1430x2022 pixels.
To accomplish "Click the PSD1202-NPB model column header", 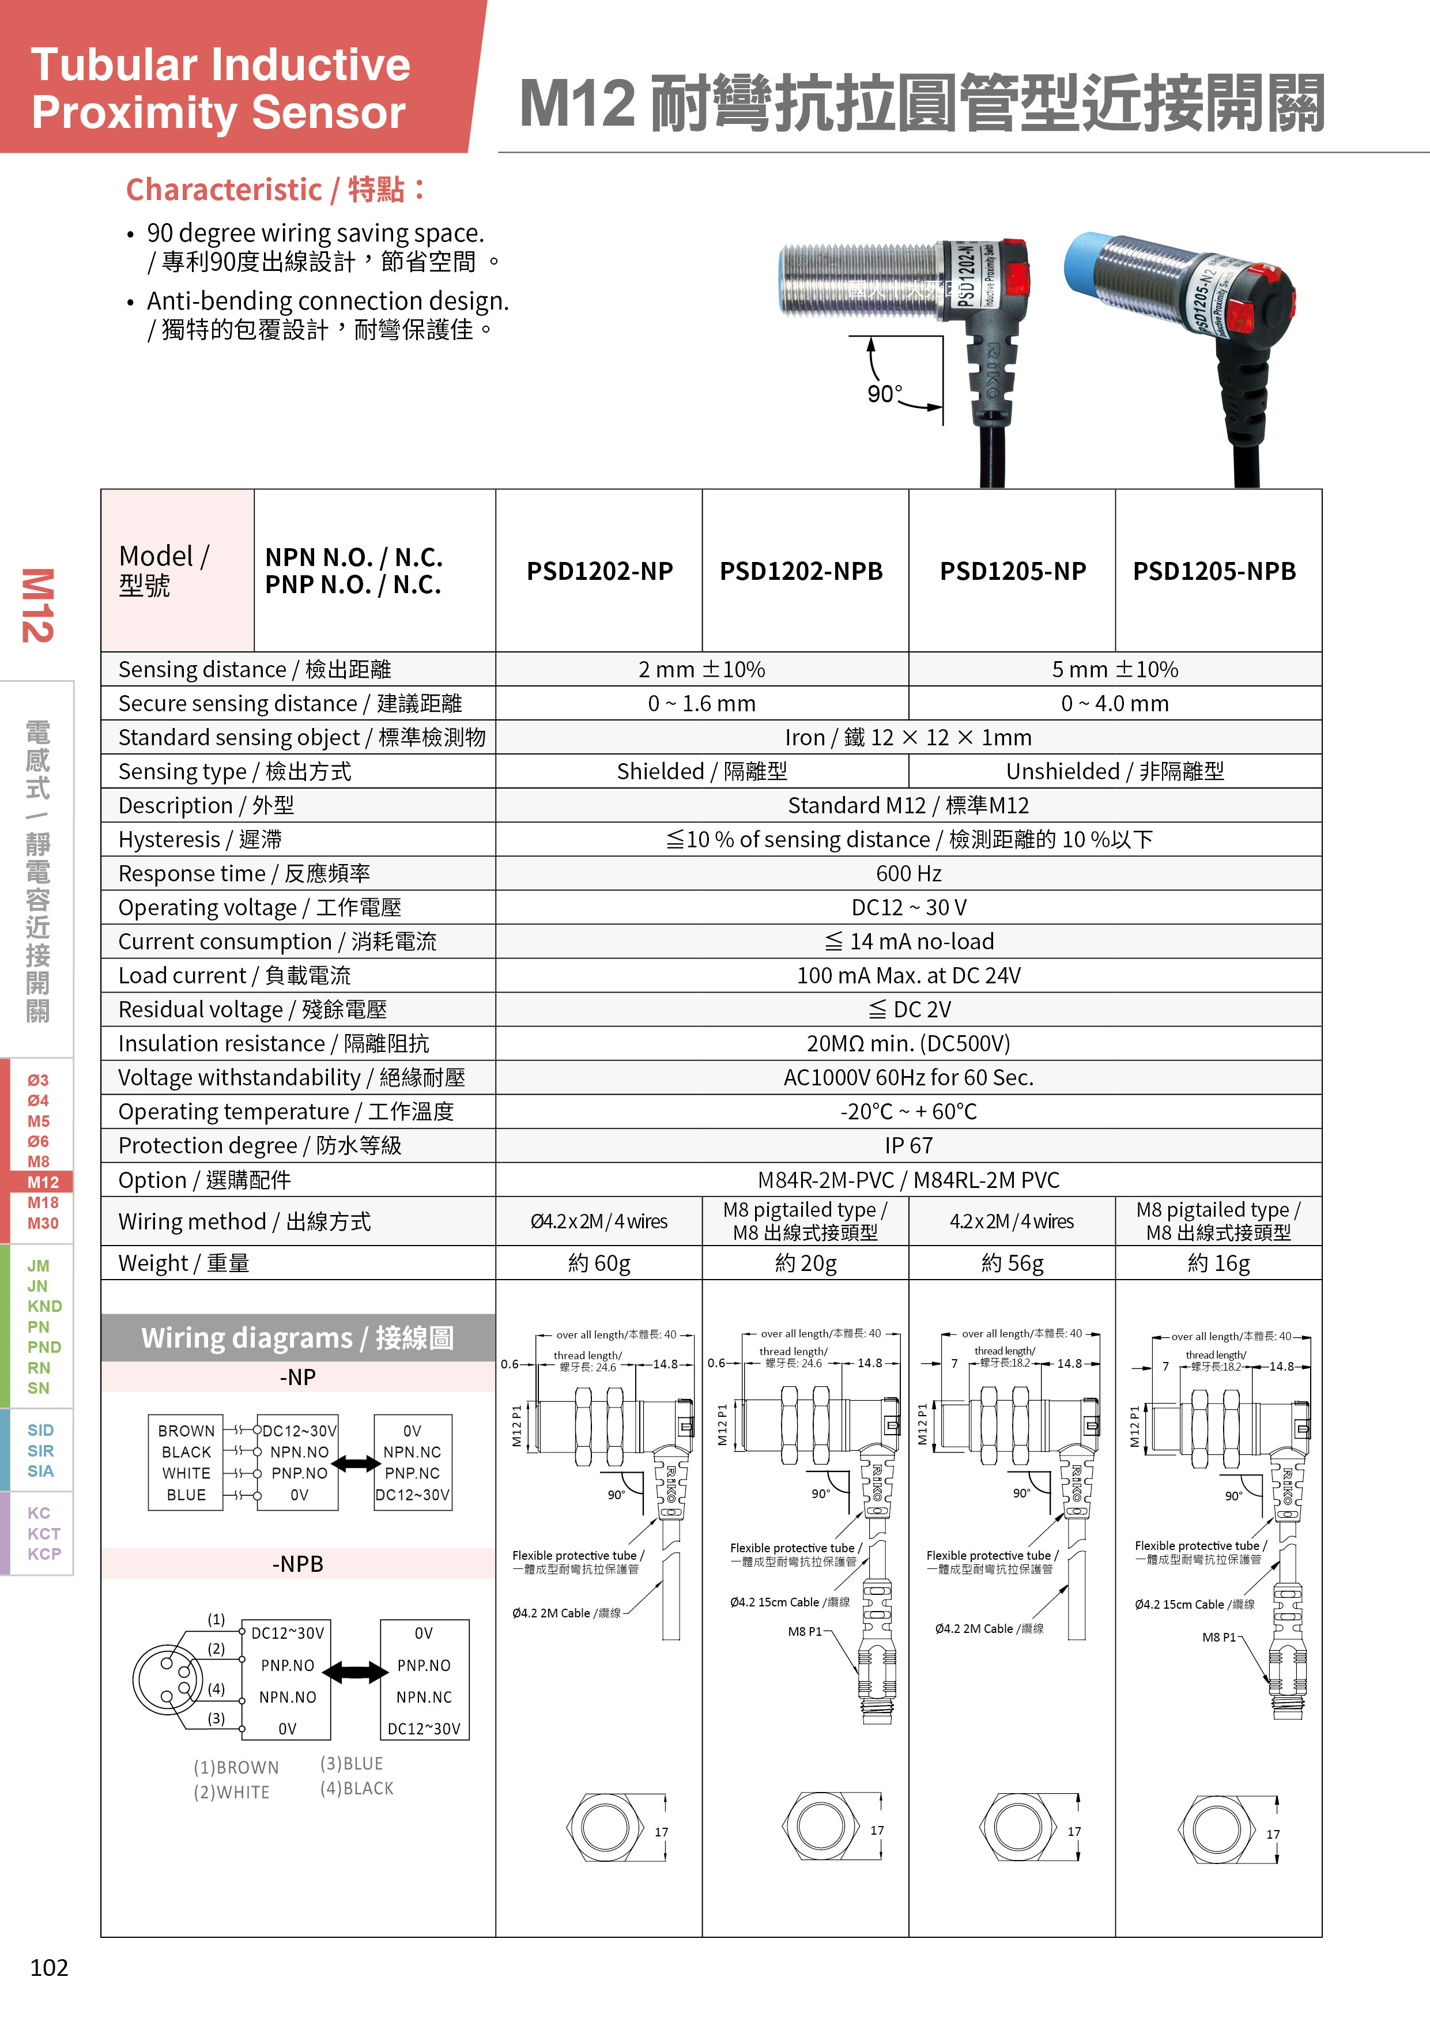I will click(x=801, y=572).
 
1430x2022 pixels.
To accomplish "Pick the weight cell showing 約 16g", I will click(x=1218, y=1263).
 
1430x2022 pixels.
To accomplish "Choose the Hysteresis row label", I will click(x=200, y=839).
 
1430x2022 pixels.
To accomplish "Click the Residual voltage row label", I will click(x=252, y=1009).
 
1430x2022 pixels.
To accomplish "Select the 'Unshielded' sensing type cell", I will click(x=1114, y=771).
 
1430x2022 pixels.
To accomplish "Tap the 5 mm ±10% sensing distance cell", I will click(x=1114, y=669).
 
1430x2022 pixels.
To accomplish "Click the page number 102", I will click(x=50, y=1967).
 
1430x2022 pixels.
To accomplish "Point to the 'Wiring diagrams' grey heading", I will click(x=297, y=1338).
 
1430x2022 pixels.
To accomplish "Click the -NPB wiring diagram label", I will click(x=297, y=1564).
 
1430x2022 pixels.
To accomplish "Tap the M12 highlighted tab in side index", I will click(x=41, y=1182).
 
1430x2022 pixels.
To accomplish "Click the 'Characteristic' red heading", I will click(x=276, y=189).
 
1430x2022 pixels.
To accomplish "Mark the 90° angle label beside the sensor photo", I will click(x=884, y=394).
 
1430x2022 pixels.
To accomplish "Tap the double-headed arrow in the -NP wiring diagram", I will click(x=356, y=1463).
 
